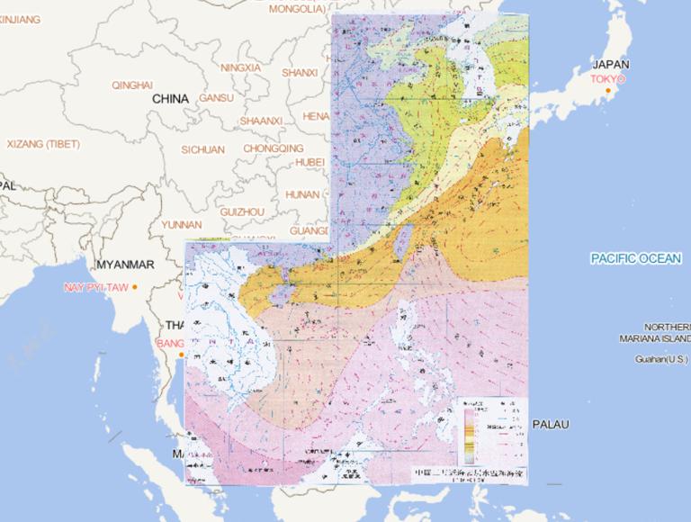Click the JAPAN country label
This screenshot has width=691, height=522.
point(611,65)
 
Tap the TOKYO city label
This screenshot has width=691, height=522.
point(607,79)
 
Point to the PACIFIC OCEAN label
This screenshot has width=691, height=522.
point(636,259)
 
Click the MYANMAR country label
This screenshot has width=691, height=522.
point(125,265)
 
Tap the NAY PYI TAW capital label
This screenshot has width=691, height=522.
point(94,287)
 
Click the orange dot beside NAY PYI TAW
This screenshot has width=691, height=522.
point(134,287)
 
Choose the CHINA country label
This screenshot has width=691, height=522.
point(170,98)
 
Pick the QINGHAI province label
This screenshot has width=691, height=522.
point(132,85)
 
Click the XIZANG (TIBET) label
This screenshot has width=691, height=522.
point(43,144)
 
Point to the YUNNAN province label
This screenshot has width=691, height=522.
point(183,224)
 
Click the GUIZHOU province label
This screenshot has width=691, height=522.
point(242,211)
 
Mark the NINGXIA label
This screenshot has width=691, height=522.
point(240,67)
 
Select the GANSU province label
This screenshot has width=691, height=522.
point(216,97)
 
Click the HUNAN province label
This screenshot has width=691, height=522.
point(302,193)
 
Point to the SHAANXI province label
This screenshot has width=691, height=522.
point(261,121)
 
